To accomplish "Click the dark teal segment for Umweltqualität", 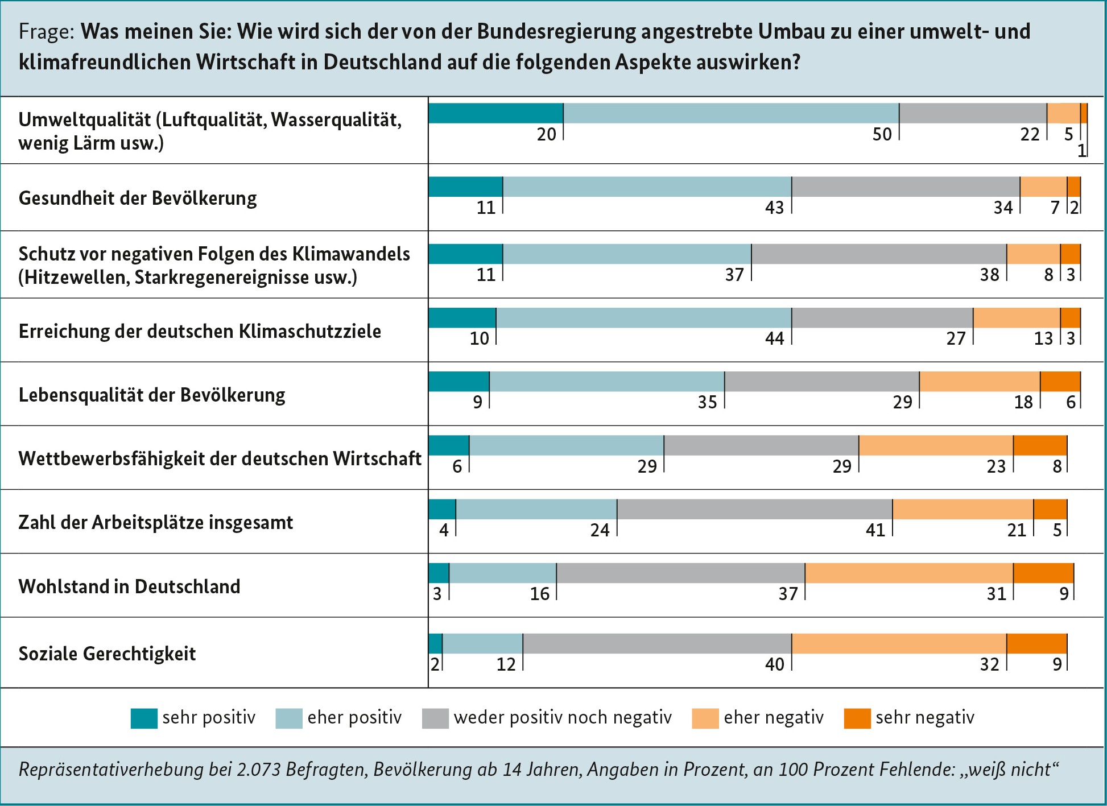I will pyautogui.click(x=495, y=113).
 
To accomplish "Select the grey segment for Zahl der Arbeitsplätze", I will pyautogui.click(x=754, y=509).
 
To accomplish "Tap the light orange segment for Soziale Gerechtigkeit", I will pyautogui.click(x=899, y=643).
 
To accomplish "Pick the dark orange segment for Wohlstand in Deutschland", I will pyautogui.click(x=1043, y=573).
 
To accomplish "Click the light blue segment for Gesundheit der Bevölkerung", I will pyautogui.click(x=647, y=187).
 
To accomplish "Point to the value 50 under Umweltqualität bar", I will pyautogui.click(x=882, y=134).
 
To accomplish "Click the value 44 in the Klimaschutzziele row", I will pyautogui.click(x=774, y=338).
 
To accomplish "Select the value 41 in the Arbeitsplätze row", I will pyautogui.click(x=875, y=530).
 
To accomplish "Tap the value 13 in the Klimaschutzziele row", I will pyautogui.click(x=1043, y=338).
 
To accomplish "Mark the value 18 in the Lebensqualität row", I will pyautogui.click(x=1023, y=402).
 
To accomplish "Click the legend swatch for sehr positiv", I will pyautogui.click(x=144, y=718).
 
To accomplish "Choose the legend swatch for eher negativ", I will pyautogui.click(x=705, y=718).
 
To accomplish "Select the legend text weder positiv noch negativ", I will pyautogui.click(x=563, y=717).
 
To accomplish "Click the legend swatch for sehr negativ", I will pyautogui.click(x=857, y=718).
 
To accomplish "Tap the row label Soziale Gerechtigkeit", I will pyautogui.click(x=107, y=654).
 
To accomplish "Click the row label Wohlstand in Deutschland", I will pyautogui.click(x=129, y=586).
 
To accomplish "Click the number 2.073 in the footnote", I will pyautogui.click(x=258, y=770).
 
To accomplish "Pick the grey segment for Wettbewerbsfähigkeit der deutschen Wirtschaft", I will pyautogui.click(x=761, y=445).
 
